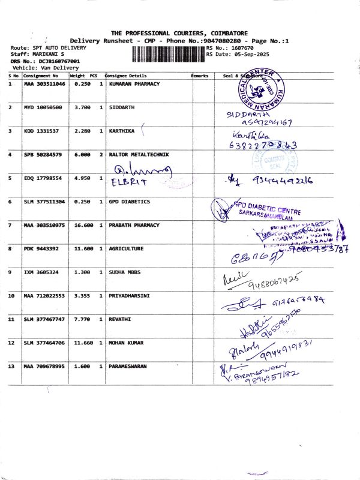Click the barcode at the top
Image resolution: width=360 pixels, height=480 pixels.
point(167,54)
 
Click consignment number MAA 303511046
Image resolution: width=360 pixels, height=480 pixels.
point(44,84)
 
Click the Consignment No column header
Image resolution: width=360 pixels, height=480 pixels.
point(41,76)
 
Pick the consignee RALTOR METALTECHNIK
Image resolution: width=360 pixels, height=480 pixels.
point(139,154)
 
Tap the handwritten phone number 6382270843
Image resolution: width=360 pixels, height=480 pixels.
point(263,145)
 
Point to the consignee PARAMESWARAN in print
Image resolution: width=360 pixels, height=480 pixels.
point(128,366)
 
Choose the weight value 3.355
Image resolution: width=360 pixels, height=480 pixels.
point(82,295)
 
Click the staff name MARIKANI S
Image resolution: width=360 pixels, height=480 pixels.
point(45,54)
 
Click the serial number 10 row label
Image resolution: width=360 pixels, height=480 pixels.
point(11,295)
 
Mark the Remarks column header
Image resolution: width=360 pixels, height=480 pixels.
point(200,76)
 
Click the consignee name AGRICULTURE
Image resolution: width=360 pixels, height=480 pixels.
point(126,248)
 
